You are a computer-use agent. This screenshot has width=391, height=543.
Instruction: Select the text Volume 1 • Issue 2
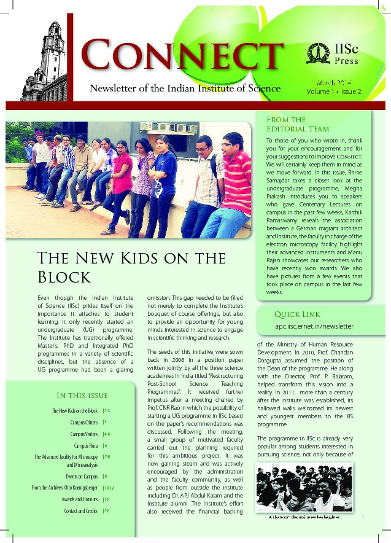(x=334, y=92)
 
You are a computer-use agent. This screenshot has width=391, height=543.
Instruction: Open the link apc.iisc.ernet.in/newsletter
(x=314, y=326)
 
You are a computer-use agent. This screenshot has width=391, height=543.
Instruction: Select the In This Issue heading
(x=82, y=395)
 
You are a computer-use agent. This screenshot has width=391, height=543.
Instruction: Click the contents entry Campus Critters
(x=84, y=423)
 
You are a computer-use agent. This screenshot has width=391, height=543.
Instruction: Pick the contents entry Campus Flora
(x=86, y=445)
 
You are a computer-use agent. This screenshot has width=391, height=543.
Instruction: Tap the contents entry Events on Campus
(x=82, y=476)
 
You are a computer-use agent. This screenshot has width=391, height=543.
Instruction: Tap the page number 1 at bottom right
(x=363, y=517)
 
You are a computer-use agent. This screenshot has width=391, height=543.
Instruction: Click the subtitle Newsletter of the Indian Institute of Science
(x=185, y=88)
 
